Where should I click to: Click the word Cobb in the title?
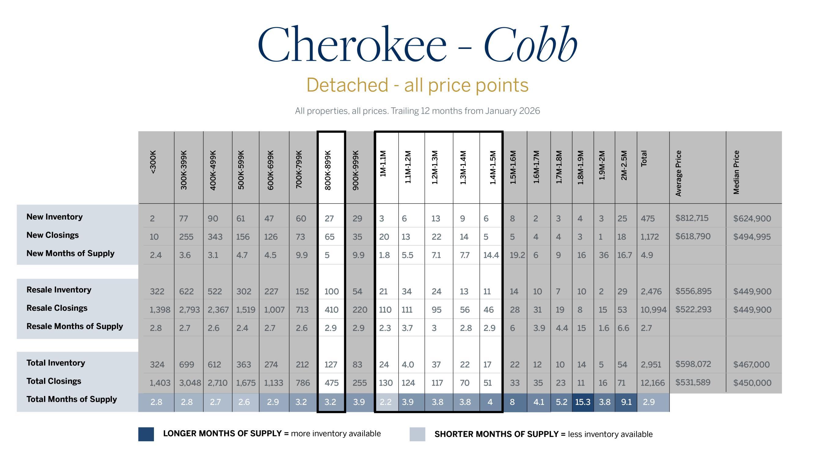530,43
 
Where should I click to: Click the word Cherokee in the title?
352,43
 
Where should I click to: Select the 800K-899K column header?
328,170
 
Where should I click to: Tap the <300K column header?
153,162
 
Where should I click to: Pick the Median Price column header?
736,172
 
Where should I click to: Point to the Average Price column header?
678,173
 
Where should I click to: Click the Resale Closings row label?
57,308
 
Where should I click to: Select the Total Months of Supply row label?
71,399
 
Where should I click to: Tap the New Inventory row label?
54,217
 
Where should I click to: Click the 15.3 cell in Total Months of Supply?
583,402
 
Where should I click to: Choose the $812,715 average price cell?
692,218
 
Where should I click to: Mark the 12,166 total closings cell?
653,383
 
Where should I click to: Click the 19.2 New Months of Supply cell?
517,255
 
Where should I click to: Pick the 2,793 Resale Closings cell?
190,310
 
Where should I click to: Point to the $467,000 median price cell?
751,365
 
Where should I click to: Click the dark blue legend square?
146,434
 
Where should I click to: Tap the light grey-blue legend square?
417,434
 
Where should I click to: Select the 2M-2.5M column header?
624,165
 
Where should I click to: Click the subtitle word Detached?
347,85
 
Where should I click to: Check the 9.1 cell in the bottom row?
626,402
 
